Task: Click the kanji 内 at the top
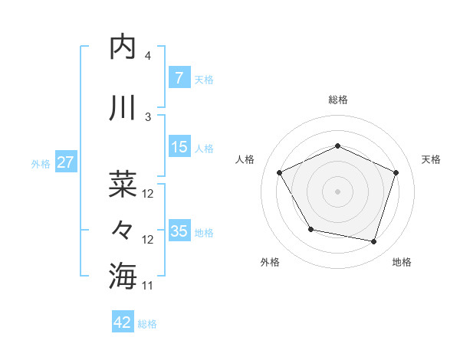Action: (123, 47)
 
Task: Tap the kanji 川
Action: (123, 108)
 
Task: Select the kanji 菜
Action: (123, 183)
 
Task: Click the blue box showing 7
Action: (179, 77)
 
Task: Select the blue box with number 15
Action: (179, 147)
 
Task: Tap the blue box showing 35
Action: (179, 231)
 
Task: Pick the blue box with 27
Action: (65, 162)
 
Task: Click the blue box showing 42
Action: (123, 322)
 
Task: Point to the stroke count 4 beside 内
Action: (147, 56)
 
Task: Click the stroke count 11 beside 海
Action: (148, 286)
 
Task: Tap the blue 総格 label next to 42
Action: (147, 324)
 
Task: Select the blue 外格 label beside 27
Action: (41, 163)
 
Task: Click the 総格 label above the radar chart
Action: (338, 100)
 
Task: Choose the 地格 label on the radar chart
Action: (402, 262)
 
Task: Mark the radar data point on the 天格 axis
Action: (396, 172)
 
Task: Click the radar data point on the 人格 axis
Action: (280, 172)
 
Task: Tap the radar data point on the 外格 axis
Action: (310, 229)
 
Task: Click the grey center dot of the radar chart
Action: (338, 191)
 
